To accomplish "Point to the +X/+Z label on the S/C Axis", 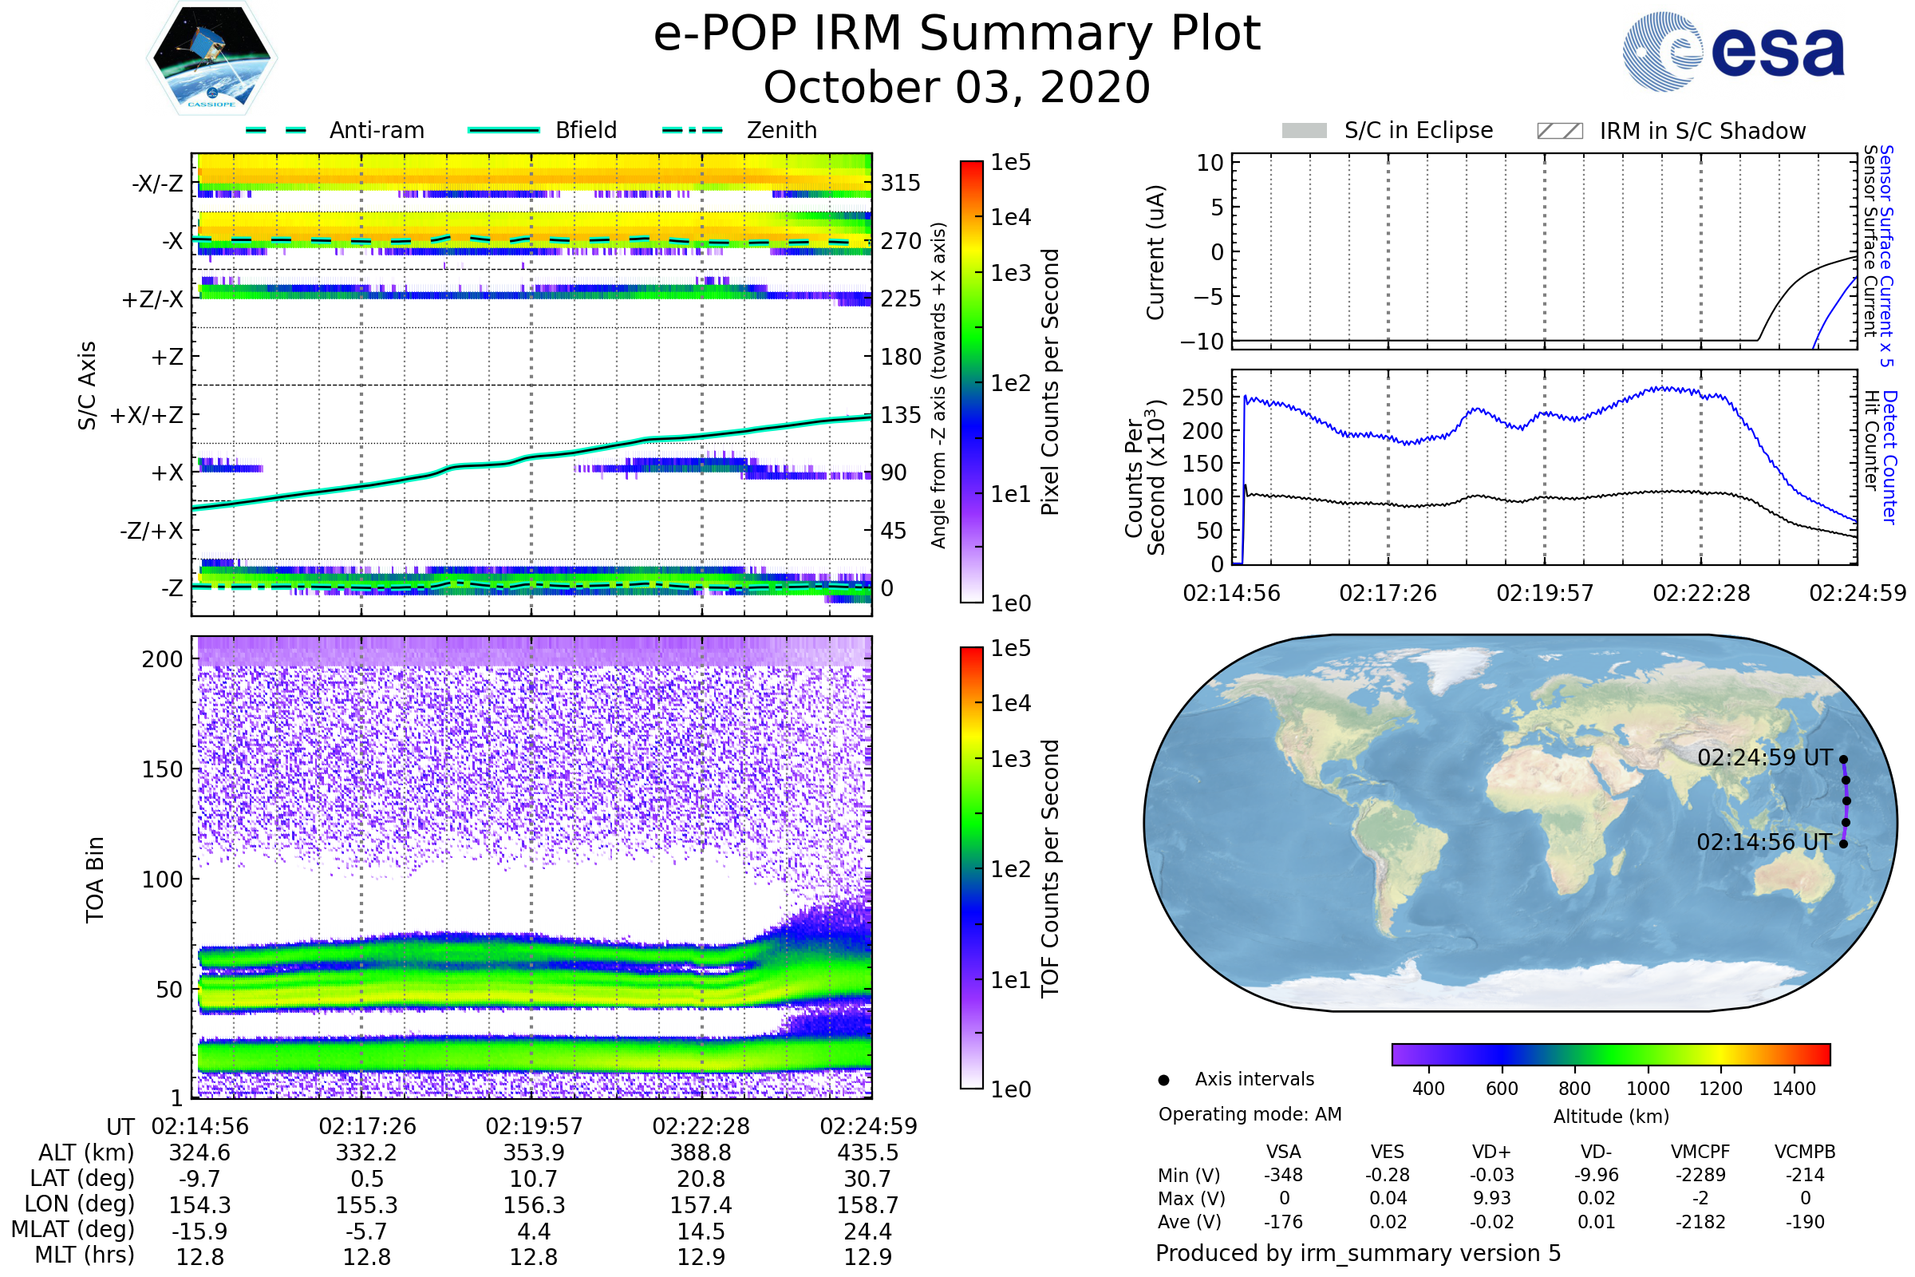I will click(147, 415).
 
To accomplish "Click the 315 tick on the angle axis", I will click(900, 183).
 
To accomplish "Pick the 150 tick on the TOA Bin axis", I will click(162, 769).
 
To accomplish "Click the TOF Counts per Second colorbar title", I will click(1050, 868).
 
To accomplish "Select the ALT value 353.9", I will click(534, 1153).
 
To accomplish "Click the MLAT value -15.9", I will click(199, 1232).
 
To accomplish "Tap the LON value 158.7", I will click(868, 1205).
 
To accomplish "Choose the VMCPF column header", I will click(1700, 1152).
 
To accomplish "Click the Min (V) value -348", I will click(1283, 1175).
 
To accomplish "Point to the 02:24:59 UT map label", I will click(1764, 758).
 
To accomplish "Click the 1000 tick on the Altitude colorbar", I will click(1648, 1089).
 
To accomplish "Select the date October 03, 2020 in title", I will click(957, 88).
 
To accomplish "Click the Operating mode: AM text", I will click(1250, 1114).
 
